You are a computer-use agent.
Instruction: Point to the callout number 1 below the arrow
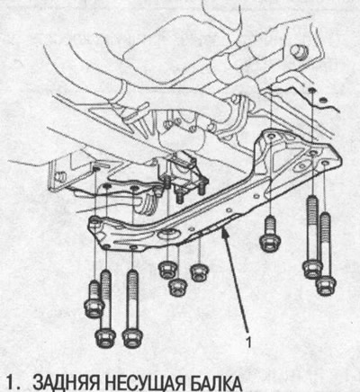[x=248, y=343]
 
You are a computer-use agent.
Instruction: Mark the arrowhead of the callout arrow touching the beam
[x=223, y=234]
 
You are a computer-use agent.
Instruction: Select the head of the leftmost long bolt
[x=105, y=338]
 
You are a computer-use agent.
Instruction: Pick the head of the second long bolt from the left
[x=132, y=338]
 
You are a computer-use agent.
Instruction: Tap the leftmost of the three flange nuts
[x=167, y=270]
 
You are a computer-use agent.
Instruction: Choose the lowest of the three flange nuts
[x=178, y=287]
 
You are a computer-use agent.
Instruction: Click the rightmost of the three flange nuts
[x=200, y=272]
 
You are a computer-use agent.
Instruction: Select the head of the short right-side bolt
[x=270, y=242]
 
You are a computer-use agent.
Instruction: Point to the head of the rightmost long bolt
[x=326, y=286]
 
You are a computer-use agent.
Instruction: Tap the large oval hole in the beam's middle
[x=167, y=233]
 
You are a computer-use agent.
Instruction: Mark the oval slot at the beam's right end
[x=301, y=165]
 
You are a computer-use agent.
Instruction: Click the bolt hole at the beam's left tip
[x=95, y=222]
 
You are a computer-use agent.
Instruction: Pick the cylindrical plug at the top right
[x=299, y=51]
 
